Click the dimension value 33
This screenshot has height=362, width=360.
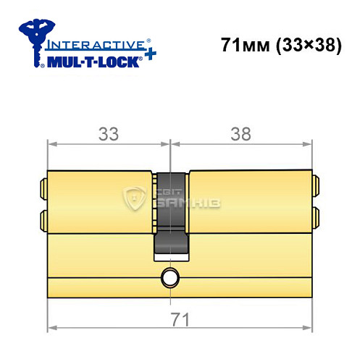coord(109,135)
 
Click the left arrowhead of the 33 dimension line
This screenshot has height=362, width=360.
coord(51,145)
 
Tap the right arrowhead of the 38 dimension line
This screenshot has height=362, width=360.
coord(309,145)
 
